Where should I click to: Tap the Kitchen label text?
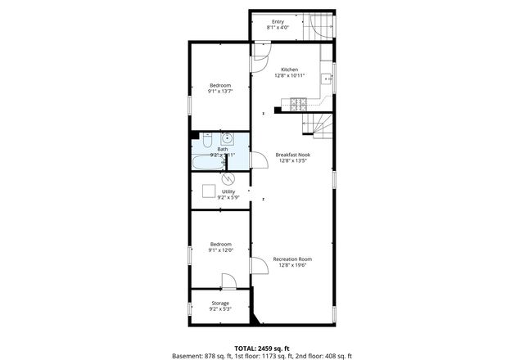(290, 70)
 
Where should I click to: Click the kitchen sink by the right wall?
(326, 79)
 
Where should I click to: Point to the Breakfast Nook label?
(292, 155)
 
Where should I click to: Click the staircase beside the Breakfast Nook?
(319, 125)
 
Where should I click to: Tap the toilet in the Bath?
(207, 137)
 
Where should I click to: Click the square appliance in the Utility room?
(209, 192)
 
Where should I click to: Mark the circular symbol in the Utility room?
(229, 178)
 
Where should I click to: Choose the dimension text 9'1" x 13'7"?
(219, 92)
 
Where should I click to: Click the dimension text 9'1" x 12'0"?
(219, 250)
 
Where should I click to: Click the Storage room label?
(220, 304)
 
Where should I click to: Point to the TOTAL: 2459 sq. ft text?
(261, 348)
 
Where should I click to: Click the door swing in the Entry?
(323, 31)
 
